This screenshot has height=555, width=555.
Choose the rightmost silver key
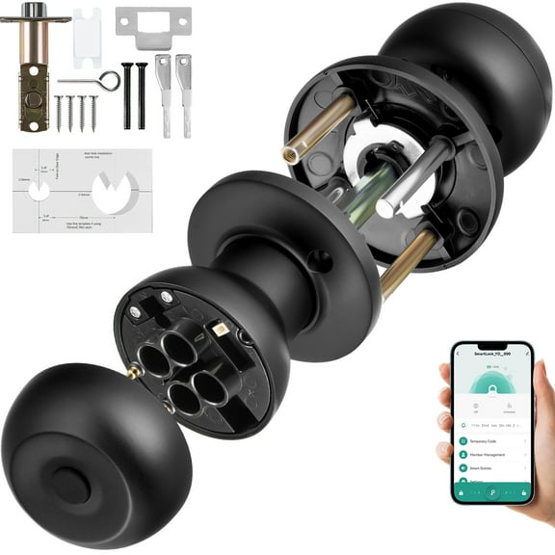pyautogui.click(x=183, y=92)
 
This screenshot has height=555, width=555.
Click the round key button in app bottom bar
pyautogui.click(x=492, y=492)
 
